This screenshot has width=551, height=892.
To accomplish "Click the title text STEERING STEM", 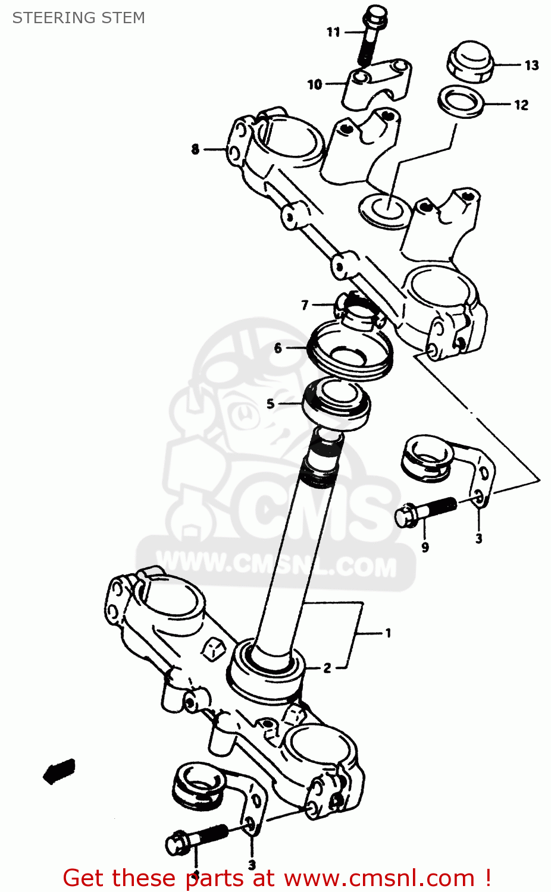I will tap(79, 18).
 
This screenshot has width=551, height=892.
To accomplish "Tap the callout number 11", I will tap(333, 32).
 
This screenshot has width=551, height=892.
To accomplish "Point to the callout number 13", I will tap(531, 65).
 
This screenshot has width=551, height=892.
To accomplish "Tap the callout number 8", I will tap(195, 149).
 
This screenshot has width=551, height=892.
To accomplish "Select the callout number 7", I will tap(305, 305).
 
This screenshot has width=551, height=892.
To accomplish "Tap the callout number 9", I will tap(425, 547).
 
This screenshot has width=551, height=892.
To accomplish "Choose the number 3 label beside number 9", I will tap(478, 539).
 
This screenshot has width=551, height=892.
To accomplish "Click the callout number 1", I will tap(388, 633).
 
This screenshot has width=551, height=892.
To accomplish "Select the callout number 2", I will tap(327, 668).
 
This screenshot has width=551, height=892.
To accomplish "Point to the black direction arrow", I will tap(60, 771).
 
